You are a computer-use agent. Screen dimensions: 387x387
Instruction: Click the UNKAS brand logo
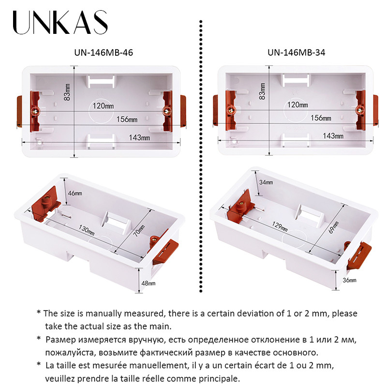pyautogui.click(x=60, y=23)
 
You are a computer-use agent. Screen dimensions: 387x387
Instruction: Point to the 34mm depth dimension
pyautogui.click(x=266, y=182)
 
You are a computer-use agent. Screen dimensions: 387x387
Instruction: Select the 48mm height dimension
pyautogui.click(x=148, y=283)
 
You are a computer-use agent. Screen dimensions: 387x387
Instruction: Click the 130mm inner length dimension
pyautogui.click(x=87, y=230)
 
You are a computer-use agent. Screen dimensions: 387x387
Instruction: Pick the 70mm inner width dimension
pyautogui.click(x=138, y=228)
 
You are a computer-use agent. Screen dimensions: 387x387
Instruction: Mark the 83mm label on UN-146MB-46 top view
pyautogui.click(x=67, y=92)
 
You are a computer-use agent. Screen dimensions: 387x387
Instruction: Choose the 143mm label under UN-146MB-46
pyautogui.click(x=139, y=138)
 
